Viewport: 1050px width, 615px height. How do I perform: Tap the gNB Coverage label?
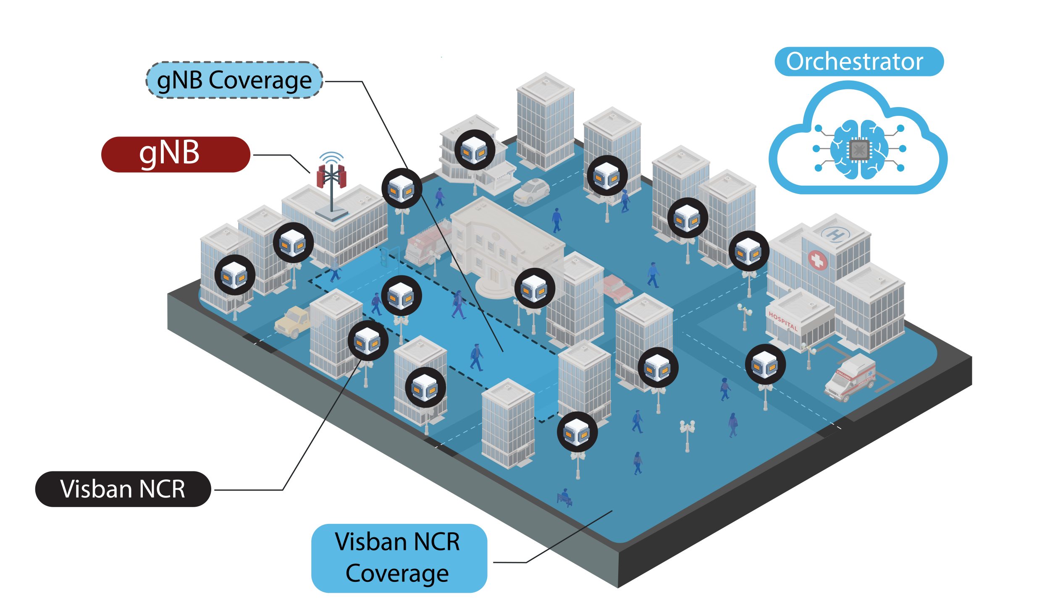click(x=234, y=80)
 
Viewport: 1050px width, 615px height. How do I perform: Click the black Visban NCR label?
click(x=123, y=489)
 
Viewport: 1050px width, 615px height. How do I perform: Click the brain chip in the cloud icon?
click(x=859, y=149)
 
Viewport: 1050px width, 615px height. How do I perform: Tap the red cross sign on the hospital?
click(x=817, y=261)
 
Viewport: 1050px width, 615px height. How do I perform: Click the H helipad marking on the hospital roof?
click(x=835, y=234)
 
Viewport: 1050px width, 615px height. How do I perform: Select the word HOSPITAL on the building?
click(x=783, y=321)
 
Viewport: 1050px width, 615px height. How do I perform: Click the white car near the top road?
click(x=531, y=192)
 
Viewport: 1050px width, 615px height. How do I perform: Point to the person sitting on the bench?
click(x=565, y=497)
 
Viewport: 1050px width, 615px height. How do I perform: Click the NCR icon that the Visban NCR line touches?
click(x=368, y=340)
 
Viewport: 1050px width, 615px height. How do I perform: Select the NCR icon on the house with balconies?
click(x=475, y=150)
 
